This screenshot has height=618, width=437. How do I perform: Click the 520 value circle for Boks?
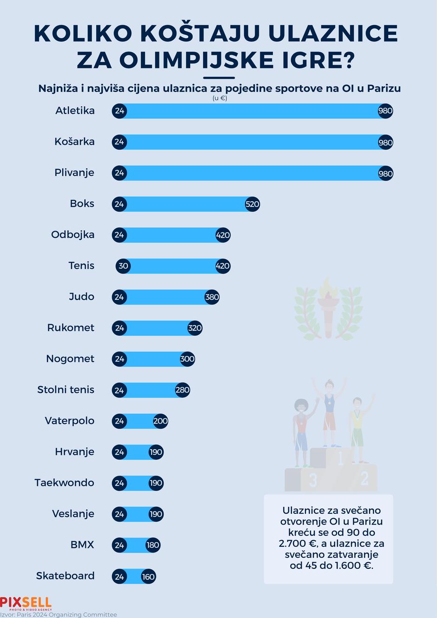[252, 204]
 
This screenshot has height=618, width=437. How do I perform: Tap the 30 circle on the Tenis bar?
[123, 266]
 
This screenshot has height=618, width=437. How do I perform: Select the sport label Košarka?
[74, 142]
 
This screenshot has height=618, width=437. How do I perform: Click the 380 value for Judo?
[212, 297]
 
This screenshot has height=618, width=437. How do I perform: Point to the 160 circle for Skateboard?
[148, 577]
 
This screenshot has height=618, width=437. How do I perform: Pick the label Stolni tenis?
[66, 390]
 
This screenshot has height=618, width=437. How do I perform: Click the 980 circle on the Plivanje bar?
[385, 173]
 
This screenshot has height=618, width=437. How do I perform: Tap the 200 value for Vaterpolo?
[160, 421]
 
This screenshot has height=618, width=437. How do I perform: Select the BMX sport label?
[82, 545]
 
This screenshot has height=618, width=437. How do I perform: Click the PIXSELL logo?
[26, 603]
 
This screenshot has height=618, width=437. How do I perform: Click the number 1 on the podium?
[340, 459]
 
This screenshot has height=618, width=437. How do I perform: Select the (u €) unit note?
[219, 98]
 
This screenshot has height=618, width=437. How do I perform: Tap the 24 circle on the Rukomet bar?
[119, 328]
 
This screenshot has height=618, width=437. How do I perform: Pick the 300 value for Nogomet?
[187, 359]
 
